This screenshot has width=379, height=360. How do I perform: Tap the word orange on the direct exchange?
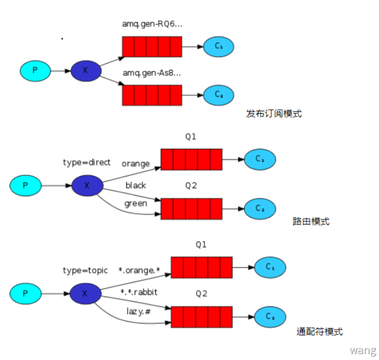pos(135,163)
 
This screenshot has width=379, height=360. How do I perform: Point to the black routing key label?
pos(136,185)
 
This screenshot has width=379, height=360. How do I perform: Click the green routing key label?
pos(136,203)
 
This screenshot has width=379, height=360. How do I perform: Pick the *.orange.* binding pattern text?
pos(139,270)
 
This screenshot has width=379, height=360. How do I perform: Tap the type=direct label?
pos(87,162)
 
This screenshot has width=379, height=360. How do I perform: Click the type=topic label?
pos(85,270)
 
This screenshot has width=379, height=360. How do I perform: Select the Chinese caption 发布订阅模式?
pos(274,114)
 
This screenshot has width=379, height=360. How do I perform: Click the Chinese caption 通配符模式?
pos(320,332)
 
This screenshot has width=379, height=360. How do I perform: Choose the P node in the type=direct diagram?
pos(26,185)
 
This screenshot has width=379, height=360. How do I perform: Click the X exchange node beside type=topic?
pos(85,293)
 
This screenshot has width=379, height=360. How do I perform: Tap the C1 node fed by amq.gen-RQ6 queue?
pos(219,46)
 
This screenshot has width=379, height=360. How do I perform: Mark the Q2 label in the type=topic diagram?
pos(201,294)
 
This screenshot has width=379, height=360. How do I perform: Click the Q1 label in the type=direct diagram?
pos(191,137)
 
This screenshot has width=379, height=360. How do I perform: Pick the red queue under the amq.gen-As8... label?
pos(152,95)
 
